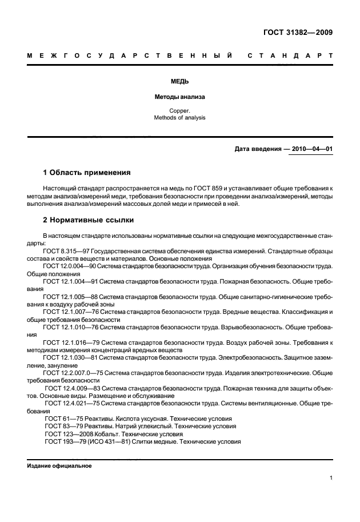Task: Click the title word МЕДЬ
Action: tap(179, 82)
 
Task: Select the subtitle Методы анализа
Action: tap(179, 97)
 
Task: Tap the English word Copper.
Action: tap(179, 110)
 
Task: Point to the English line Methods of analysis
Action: tap(179, 118)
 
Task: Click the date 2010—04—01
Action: tap(311, 149)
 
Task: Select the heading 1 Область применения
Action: tap(87, 172)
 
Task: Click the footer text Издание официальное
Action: tap(59, 465)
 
